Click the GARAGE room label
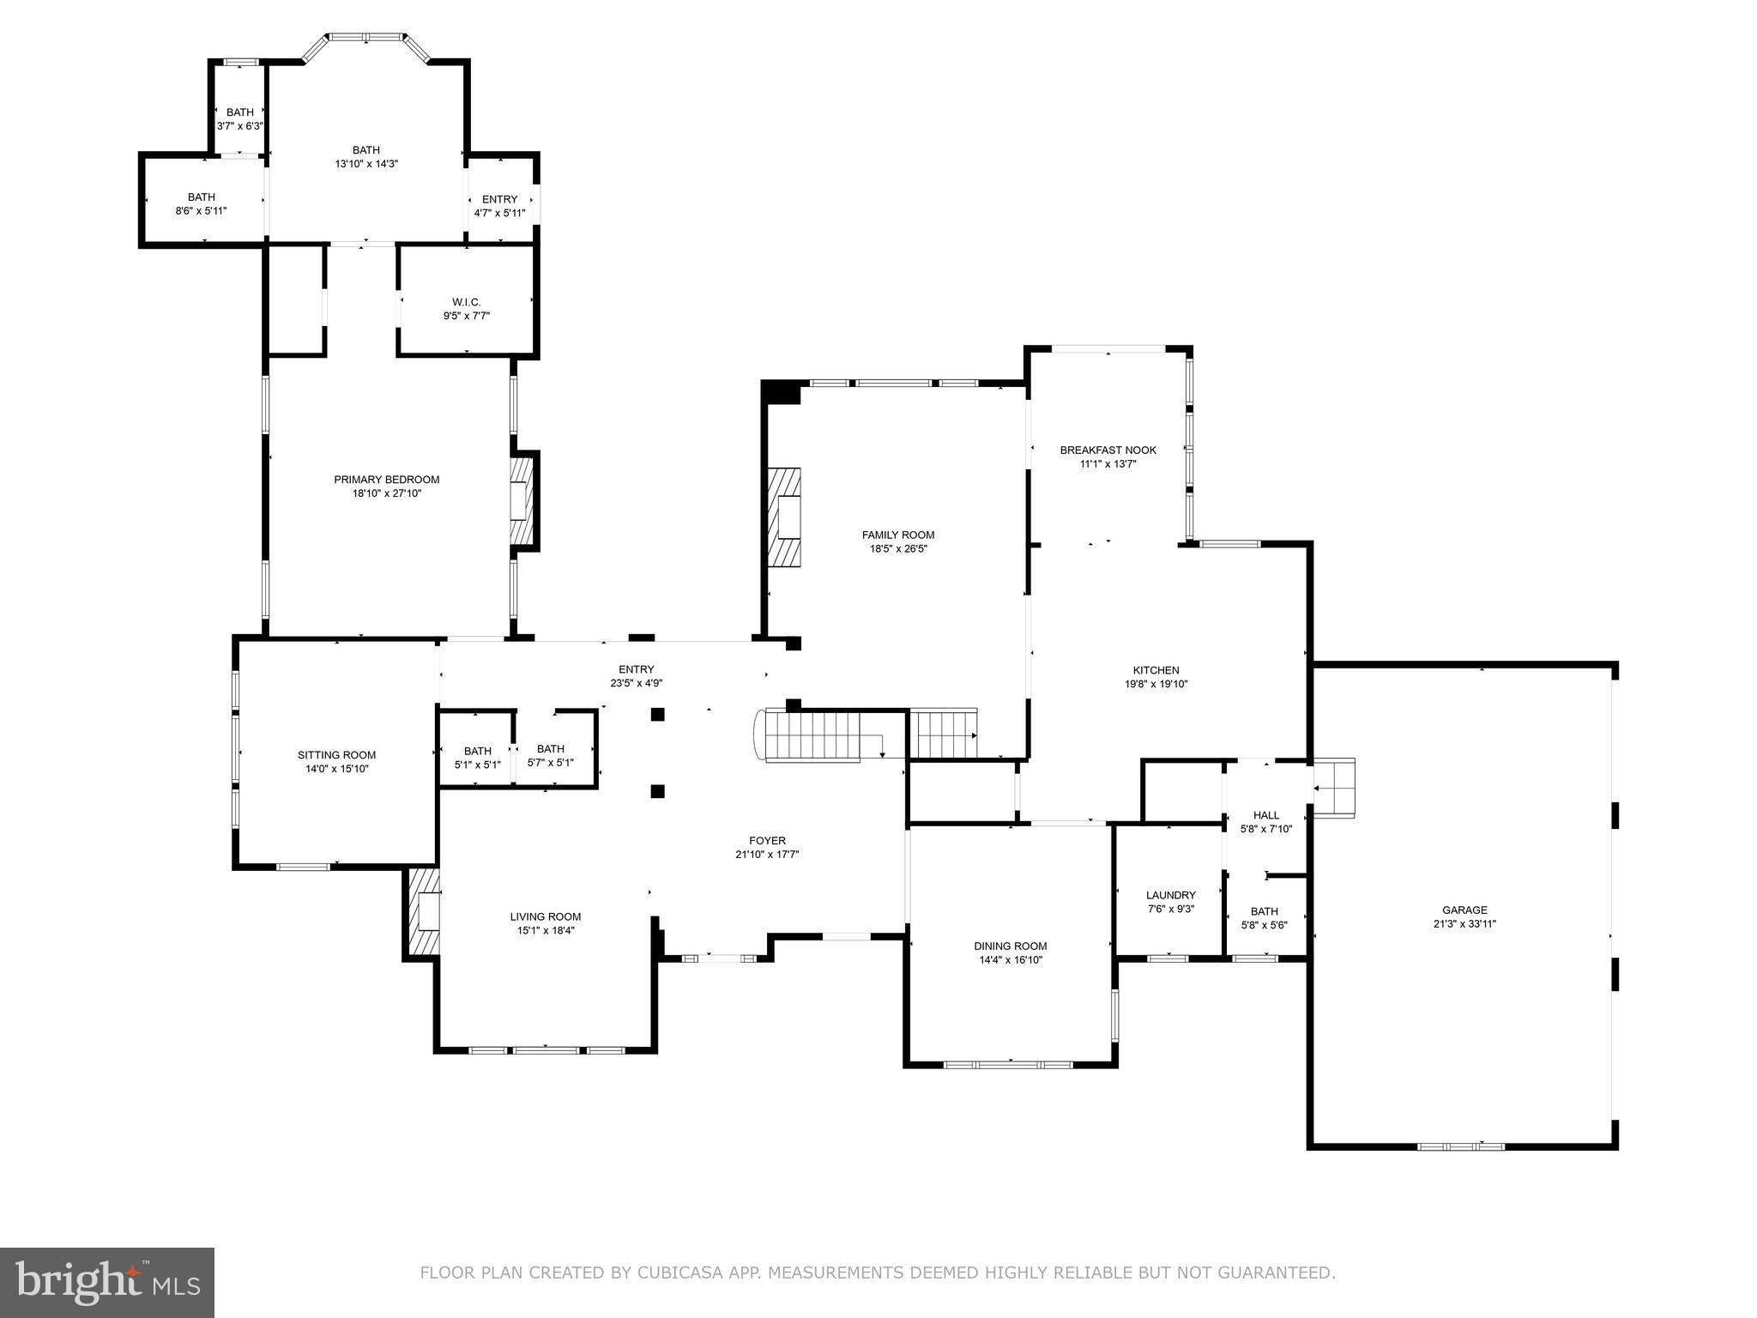pyautogui.click(x=1464, y=910)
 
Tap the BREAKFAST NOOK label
pyautogui.click(x=1108, y=450)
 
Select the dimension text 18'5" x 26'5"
pyautogui.click(x=898, y=548)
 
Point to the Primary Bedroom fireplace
pyautogui.click(x=522, y=502)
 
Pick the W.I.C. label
pyautogui.click(x=466, y=302)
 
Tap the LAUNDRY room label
pyautogui.click(x=1170, y=895)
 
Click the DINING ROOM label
pyautogui.click(x=1010, y=946)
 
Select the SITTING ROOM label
pyautogui.click(x=336, y=755)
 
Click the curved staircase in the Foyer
pyautogui.click(x=806, y=736)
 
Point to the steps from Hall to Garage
pyautogui.click(x=1334, y=789)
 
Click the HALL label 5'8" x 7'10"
pyautogui.click(x=1265, y=815)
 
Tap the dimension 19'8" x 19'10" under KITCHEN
pyautogui.click(x=1156, y=684)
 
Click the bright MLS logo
pyautogui.click(x=106, y=1282)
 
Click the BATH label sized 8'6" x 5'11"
pyautogui.click(x=201, y=197)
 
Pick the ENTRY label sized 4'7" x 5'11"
pyautogui.click(x=499, y=199)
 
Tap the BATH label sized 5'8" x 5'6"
pyautogui.click(x=1264, y=911)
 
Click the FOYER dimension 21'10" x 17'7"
pyautogui.click(x=767, y=855)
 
